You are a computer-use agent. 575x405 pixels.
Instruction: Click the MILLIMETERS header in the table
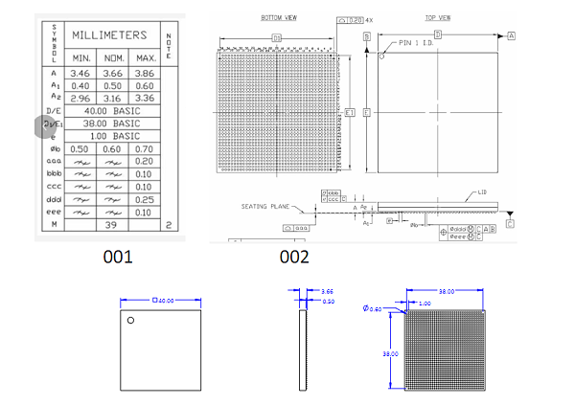(x=111, y=35)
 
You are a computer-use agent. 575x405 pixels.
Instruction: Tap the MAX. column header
(x=144, y=58)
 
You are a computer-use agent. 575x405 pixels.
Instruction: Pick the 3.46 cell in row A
(x=80, y=73)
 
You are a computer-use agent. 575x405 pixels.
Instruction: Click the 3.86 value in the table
(x=144, y=73)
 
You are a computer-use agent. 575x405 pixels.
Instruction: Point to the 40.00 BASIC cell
(x=113, y=111)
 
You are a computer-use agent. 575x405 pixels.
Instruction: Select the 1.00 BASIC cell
(x=113, y=136)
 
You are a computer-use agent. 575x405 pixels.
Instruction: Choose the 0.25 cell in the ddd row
(x=144, y=198)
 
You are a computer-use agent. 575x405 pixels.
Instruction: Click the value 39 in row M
(x=112, y=224)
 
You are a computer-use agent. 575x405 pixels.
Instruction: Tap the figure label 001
(x=117, y=257)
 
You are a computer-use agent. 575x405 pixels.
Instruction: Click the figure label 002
(x=294, y=257)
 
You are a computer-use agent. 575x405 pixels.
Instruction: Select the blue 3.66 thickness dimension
(x=326, y=291)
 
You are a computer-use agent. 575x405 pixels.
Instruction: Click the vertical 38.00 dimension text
(x=391, y=353)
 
